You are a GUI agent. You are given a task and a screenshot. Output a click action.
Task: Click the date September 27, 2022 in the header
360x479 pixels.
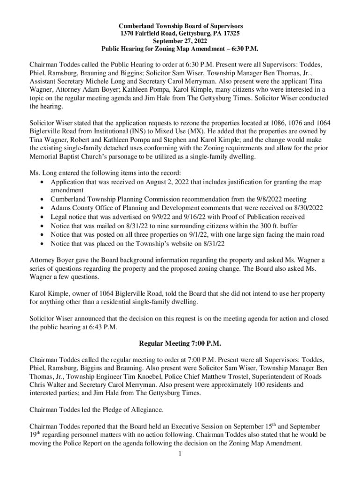tap(180, 41)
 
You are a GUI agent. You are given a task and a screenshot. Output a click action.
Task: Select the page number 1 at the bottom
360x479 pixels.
tap(180, 454)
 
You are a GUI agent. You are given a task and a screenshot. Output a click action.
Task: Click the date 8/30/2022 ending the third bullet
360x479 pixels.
tap(306, 208)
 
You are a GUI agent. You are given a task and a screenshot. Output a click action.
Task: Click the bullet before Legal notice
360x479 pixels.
tap(43, 217)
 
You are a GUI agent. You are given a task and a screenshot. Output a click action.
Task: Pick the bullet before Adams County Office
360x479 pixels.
tap(43, 208)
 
